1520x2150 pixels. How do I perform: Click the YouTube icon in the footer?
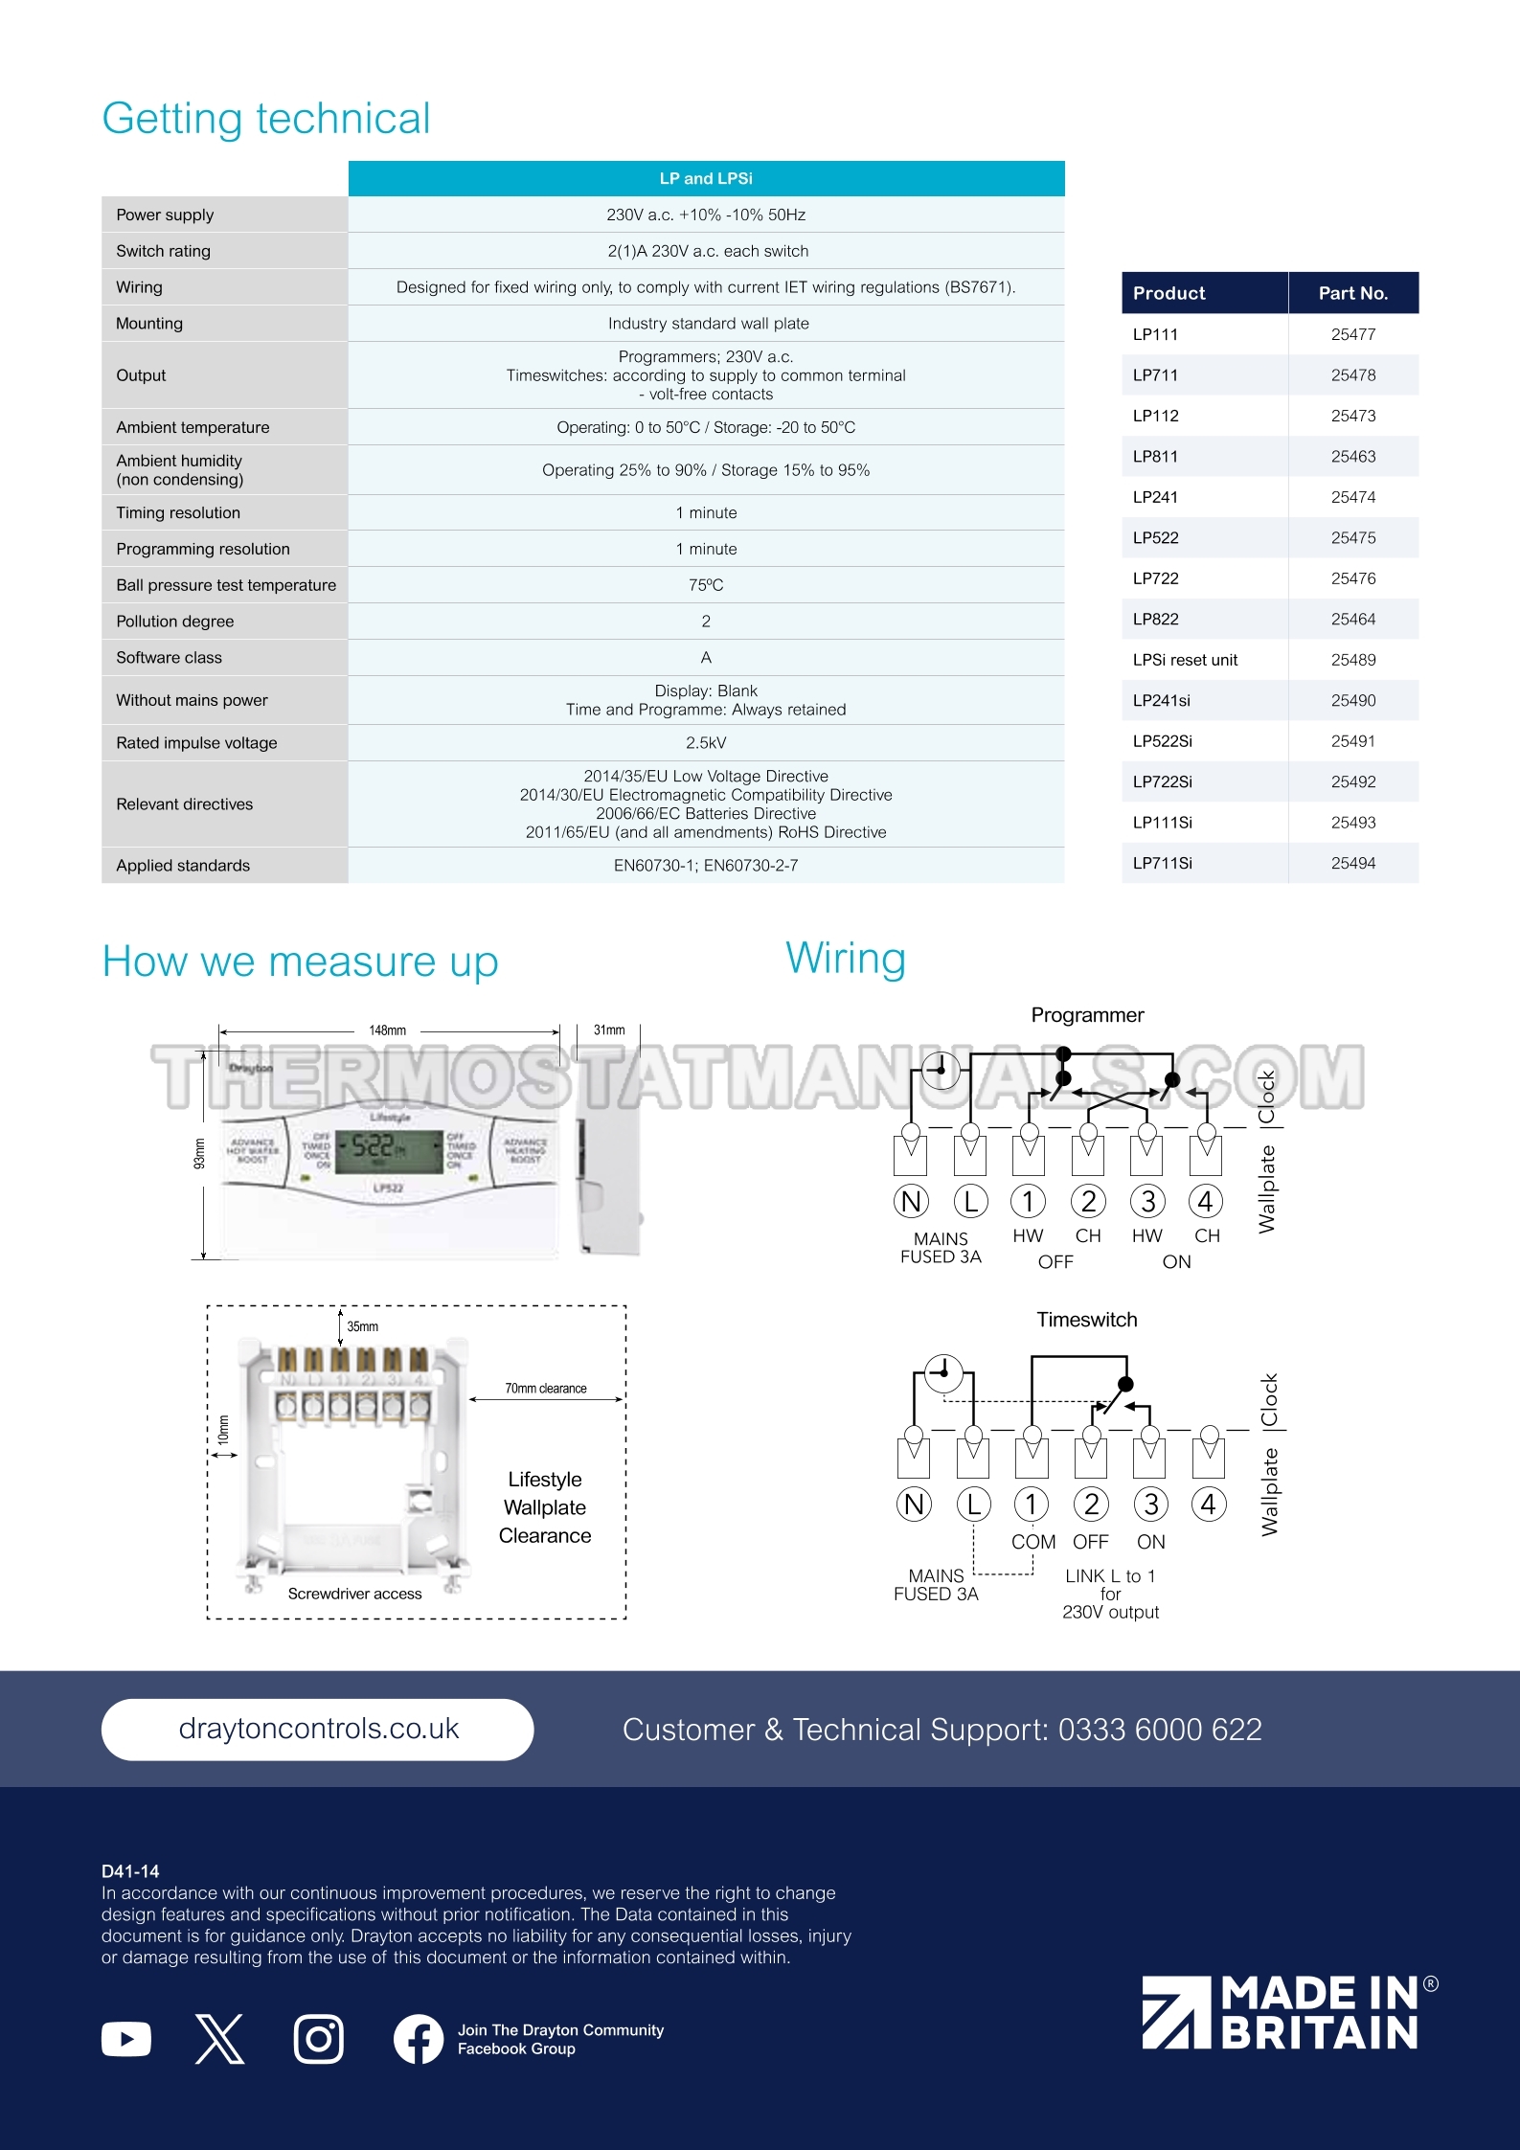click(x=126, y=2039)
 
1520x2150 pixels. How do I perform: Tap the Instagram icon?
click(x=319, y=2039)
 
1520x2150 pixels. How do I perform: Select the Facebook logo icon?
click(x=419, y=2039)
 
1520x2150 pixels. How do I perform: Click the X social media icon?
click(x=220, y=2039)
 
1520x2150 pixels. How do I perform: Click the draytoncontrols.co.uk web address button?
click(x=317, y=1729)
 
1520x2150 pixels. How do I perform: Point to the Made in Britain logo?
click(x=1288, y=2013)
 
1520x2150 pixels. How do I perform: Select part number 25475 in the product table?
click(x=1352, y=538)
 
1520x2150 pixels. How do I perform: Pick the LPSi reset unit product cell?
click(x=1185, y=660)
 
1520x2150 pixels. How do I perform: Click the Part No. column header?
click(x=1352, y=293)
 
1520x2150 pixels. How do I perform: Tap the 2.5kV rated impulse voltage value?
click(x=706, y=743)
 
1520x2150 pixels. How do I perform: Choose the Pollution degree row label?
click(x=175, y=622)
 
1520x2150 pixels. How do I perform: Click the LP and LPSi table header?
click(x=706, y=179)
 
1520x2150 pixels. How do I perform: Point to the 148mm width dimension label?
click(x=388, y=1030)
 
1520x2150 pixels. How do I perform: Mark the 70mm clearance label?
click(x=546, y=1389)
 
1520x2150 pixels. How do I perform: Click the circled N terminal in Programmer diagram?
click(x=911, y=1201)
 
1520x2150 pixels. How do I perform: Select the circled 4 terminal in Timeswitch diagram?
click(x=1209, y=1505)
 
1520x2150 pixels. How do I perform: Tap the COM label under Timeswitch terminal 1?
click(x=1033, y=1542)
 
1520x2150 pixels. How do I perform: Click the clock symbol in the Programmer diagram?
click(x=941, y=1069)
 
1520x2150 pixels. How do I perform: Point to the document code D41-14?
click(x=130, y=1871)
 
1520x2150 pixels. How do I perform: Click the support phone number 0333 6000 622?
click(x=1160, y=1730)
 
